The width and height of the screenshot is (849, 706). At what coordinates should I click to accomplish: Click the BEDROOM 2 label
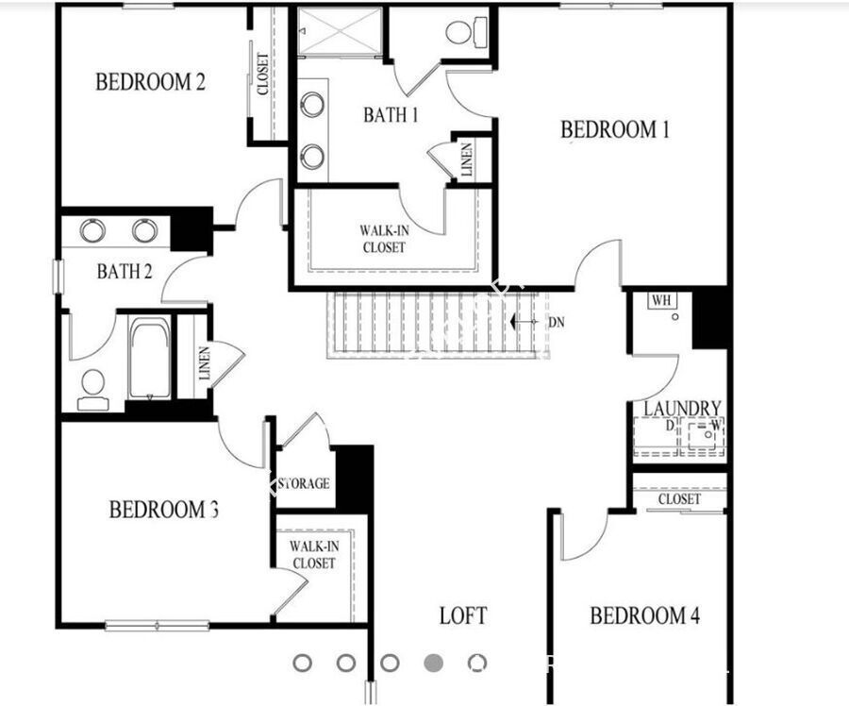pos(150,82)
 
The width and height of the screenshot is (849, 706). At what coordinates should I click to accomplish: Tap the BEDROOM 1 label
pos(615,129)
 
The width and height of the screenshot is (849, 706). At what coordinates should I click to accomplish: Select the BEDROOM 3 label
pos(164,511)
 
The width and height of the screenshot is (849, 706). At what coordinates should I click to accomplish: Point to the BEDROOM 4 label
pos(645,616)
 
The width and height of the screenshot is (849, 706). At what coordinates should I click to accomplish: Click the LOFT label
pos(463,616)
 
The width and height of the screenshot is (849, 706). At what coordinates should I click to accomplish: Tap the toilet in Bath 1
pos(461,34)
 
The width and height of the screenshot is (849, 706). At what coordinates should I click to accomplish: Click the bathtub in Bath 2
pos(149,359)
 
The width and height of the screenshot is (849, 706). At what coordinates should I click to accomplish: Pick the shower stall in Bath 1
pos(341,30)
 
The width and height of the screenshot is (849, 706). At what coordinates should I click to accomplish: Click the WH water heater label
pos(661,301)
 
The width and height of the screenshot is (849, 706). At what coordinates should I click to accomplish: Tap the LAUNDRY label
pos(682,409)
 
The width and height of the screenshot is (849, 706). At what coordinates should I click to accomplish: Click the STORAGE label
pos(303,483)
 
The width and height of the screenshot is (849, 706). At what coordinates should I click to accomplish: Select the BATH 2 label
pos(125,273)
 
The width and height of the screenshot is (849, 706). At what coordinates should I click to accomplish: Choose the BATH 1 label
pos(391,115)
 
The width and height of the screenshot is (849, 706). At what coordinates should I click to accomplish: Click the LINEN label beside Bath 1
pos(467,160)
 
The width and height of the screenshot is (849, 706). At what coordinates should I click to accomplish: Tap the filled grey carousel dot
pos(434,663)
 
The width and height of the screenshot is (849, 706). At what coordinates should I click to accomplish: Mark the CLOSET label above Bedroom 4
pos(679,498)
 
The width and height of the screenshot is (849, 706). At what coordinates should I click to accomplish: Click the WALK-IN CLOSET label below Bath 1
pos(383,239)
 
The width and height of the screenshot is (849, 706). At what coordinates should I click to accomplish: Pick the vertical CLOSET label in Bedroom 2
pos(262,74)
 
